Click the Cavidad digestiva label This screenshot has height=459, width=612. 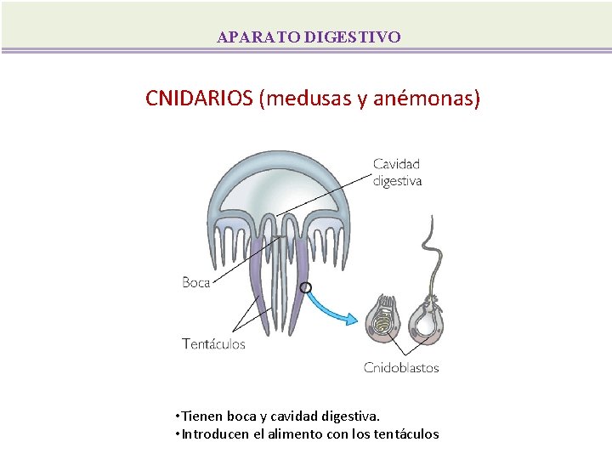click(x=397, y=173)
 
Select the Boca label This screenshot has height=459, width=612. click(x=195, y=282)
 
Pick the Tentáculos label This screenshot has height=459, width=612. click(x=213, y=344)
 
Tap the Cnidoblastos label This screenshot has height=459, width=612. click(x=401, y=368)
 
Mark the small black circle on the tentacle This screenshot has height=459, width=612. click(x=305, y=287)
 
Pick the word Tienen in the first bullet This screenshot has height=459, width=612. click(x=196, y=416)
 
